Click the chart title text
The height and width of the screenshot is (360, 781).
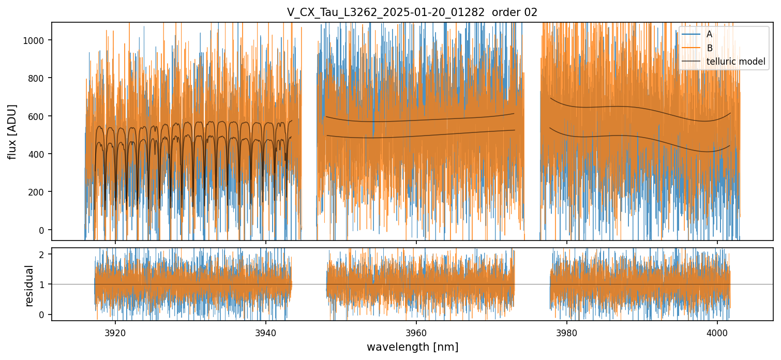point(412,12)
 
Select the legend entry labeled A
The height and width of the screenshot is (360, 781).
point(710,34)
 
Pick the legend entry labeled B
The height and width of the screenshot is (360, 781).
point(710,48)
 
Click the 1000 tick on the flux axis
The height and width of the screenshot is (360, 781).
point(35,40)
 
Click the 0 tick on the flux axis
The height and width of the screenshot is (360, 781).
point(42,230)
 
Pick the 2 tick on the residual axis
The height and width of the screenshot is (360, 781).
point(42,254)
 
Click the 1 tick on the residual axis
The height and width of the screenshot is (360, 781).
point(42,284)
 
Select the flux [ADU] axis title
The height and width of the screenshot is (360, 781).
point(12,131)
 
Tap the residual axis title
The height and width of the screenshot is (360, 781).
point(29,284)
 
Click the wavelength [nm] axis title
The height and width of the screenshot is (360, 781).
point(412,347)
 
